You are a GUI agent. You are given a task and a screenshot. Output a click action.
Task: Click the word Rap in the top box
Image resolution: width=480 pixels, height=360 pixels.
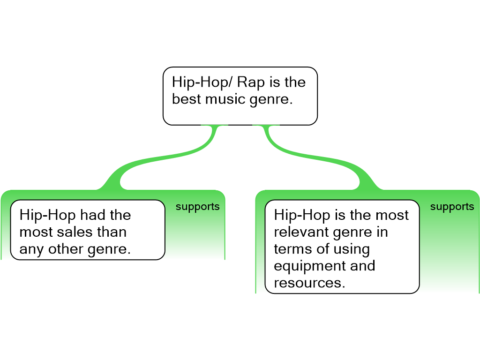(x=251, y=82)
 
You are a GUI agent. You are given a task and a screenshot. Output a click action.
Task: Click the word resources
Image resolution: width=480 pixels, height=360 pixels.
(x=309, y=283)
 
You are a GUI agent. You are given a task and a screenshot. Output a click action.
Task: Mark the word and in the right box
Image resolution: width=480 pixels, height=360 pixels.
(x=363, y=265)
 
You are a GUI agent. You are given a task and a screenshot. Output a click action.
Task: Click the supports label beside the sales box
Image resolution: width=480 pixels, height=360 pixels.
(x=198, y=207)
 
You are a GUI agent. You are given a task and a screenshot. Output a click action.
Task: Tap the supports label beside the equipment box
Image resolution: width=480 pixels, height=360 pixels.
(x=452, y=207)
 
